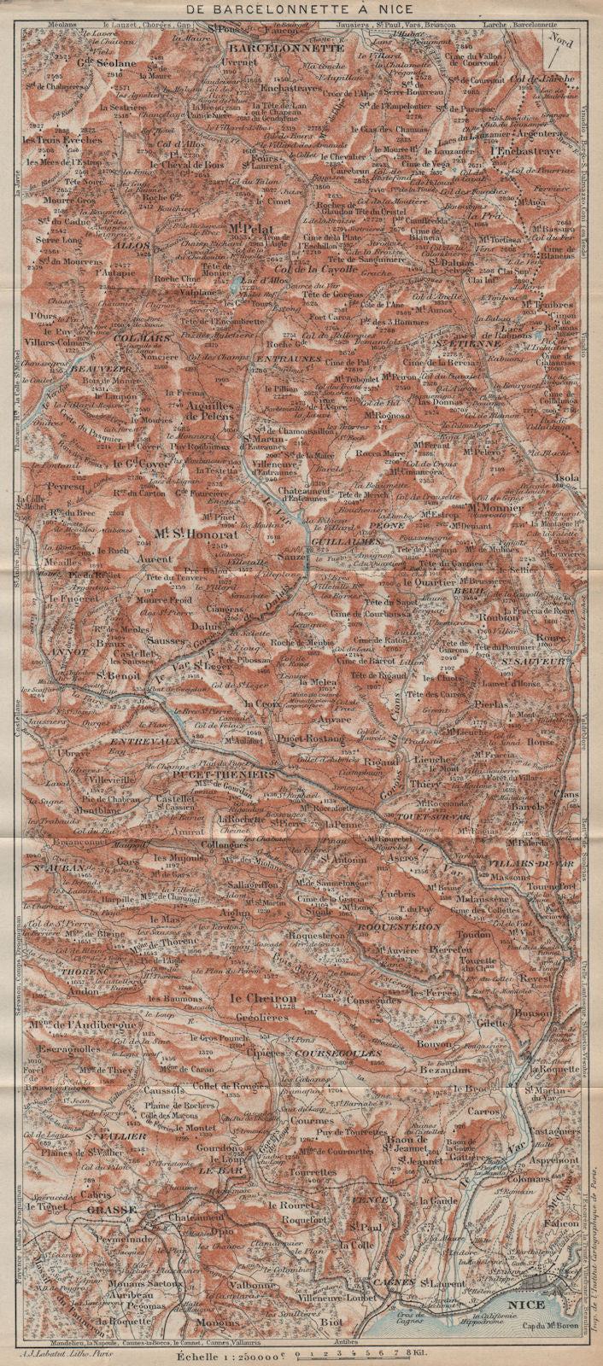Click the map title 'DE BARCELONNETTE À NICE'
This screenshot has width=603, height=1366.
[x=301, y=10]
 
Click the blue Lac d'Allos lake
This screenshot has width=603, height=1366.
[x=234, y=283]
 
